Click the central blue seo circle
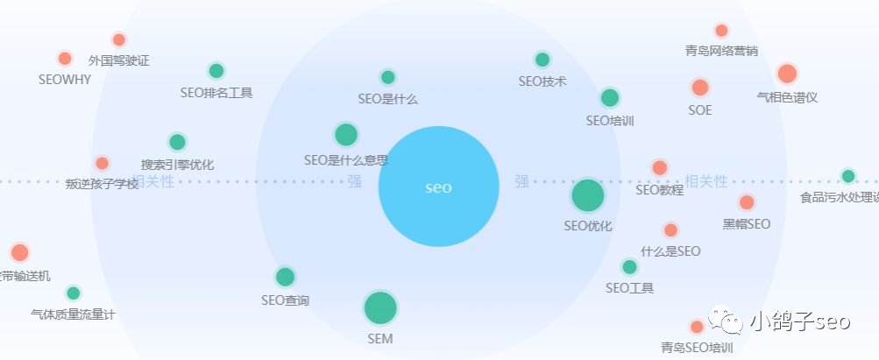coord(438,187)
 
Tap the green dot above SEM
coord(380,307)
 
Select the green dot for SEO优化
coord(588,195)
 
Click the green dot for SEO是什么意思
coord(346,135)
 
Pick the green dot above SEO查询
coord(285,277)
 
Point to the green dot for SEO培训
coord(610,97)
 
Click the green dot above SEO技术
coord(542,60)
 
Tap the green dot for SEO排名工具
coord(216,71)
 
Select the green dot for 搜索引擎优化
coord(177,142)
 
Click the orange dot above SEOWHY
coord(64,59)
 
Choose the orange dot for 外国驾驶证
coord(119,39)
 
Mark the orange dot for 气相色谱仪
coord(787,74)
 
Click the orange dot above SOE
coord(699,88)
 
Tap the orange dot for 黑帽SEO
coord(747,202)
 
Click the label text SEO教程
coord(659,189)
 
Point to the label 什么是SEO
coord(670,251)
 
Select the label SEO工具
coord(629,288)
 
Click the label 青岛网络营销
coord(721,51)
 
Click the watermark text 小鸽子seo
coord(799,322)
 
